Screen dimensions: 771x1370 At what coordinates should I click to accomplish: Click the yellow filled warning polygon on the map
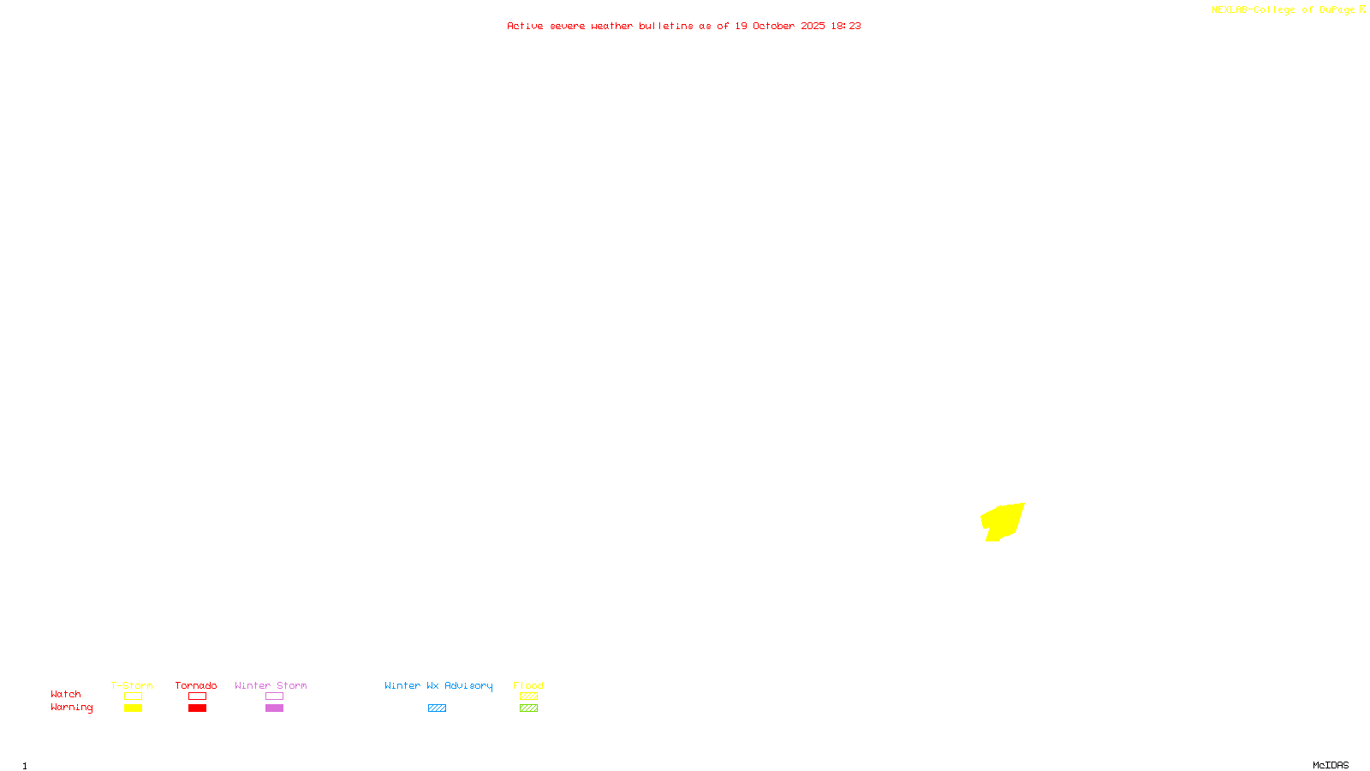(x=1004, y=521)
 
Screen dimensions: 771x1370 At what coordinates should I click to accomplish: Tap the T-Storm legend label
(x=132, y=685)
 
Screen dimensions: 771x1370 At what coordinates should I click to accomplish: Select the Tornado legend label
(x=196, y=685)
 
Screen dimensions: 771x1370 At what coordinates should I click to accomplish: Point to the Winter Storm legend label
(x=271, y=685)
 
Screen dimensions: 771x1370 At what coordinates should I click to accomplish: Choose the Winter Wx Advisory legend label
(x=438, y=685)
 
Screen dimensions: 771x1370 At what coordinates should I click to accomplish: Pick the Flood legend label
(x=528, y=685)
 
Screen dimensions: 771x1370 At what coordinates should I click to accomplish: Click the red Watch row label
(x=66, y=694)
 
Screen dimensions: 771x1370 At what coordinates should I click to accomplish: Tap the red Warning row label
(x=72, y=708)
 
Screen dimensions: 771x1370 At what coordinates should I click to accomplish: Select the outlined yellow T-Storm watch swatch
(x=133, y=696)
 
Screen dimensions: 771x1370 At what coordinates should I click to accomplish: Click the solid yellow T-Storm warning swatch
(x=133, y=708)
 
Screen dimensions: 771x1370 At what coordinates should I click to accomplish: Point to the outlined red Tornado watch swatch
(x=197, y=696)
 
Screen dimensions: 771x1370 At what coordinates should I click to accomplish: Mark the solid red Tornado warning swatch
(x=197, y=708)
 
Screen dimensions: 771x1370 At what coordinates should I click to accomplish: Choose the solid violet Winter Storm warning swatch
(x=274, y=708)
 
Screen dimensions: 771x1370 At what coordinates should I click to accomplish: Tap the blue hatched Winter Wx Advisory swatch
(x=437, y=708)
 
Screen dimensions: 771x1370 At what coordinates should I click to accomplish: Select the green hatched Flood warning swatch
(x=528, y=708)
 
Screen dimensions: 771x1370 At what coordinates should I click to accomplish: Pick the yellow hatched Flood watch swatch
(x=528, y=696)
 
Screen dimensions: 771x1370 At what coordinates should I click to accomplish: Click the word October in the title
(x=773, y=26)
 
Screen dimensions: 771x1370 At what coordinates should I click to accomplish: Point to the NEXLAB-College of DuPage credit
(x=1284, y=9)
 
